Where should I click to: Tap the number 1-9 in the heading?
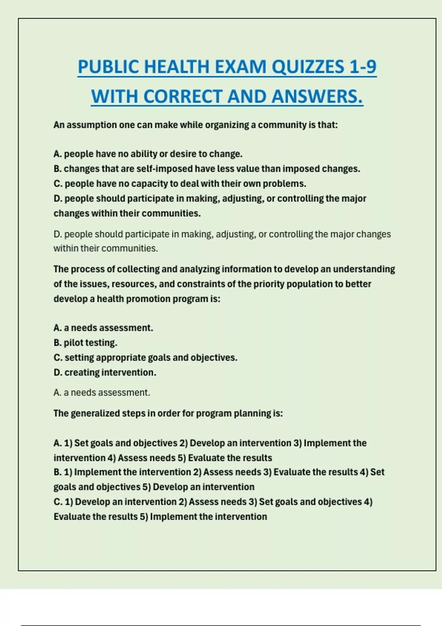tap(362, 67)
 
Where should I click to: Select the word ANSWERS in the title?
tap(317, 96)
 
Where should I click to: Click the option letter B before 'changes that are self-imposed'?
tap(57, 169)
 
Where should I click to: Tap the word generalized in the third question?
tap(95, 414)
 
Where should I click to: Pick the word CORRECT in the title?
tap(183, 96)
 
